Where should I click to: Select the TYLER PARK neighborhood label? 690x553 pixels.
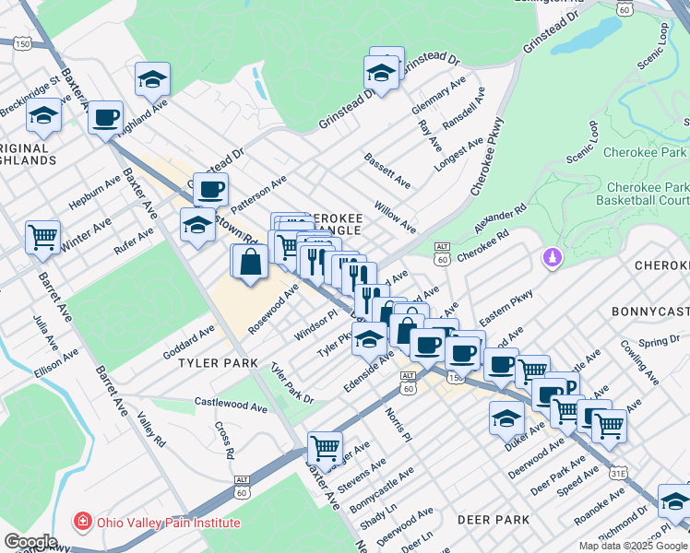[x=218, y=363]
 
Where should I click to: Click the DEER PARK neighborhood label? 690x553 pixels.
[x=498, y=520]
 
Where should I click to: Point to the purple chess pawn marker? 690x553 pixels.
[x=553, y=257]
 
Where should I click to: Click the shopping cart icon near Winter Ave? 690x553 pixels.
[x=42, y=237]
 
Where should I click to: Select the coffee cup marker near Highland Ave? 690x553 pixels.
[x=107, y=118]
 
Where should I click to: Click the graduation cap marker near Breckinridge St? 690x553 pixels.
[x=42, y=117]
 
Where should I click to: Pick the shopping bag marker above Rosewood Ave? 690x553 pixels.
[x=251, y=261]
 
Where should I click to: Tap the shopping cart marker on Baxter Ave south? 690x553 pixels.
[x=325, y=449]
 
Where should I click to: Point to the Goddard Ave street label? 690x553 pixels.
[x=188, y=341]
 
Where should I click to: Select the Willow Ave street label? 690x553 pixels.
[x=395, y=218]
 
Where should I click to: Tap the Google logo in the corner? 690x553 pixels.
[x=30, y=542]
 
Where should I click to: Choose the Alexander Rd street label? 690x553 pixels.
[x=499, y=218]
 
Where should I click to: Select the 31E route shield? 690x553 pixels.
[x=617, y=473]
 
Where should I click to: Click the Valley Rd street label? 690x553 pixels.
[x=150, y=429]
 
